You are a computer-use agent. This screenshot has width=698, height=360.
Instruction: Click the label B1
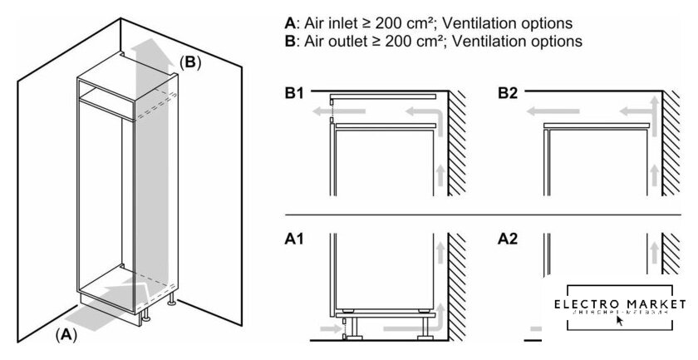pyautogui.click(x=292, y=93)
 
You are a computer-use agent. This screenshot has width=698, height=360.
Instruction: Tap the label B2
pyautogui.click(x=509, y=93)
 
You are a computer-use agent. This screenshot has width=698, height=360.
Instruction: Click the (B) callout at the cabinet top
pyautogui.click(x=190, y=62)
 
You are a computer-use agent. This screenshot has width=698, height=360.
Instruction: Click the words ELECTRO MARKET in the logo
pyautogui.click(x=619, y=304)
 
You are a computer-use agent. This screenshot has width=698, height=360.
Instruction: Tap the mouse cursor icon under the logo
pyautogui.click(x=620, y=321)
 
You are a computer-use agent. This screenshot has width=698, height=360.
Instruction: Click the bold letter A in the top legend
pyautogui.click(x=289, y=22)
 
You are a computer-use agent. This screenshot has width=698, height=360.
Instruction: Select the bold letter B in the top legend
pyautogui.click(x=289, y=40)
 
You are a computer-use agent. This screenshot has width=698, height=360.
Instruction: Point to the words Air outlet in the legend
pyautogui.click(x=332, y=40)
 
